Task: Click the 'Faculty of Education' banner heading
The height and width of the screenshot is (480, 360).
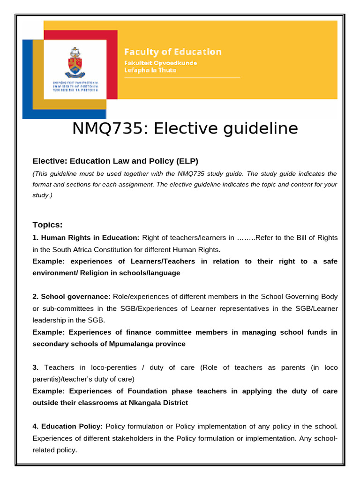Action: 172,52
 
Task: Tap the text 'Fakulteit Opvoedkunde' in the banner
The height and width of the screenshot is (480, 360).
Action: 160,63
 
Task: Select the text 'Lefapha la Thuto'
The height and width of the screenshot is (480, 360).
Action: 150,70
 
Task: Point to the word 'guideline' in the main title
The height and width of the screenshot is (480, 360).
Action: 261,128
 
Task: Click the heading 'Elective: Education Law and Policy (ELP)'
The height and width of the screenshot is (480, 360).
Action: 115,161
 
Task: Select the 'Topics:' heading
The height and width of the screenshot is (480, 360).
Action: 47,224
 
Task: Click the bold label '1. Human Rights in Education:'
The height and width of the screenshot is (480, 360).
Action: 86,238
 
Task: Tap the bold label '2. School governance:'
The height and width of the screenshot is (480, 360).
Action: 71,297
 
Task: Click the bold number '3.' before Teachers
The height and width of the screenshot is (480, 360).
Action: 36,367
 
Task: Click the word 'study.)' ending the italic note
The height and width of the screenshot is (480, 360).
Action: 42,195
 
